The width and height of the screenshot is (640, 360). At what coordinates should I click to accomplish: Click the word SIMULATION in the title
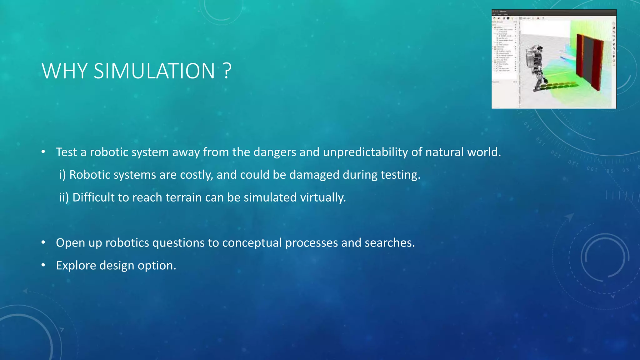[x=154, y=71]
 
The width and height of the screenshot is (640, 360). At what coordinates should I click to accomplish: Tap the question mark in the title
[x=227, y=71]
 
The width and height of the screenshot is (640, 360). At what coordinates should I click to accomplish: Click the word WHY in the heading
[x=64, y=71]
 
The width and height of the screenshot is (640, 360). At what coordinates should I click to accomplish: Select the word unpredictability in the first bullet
[x=365, y=152]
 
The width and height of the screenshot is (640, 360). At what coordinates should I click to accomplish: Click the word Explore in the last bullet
[x=76, y=266]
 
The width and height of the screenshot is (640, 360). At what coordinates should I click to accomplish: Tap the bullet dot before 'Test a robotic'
[x=43, y=152]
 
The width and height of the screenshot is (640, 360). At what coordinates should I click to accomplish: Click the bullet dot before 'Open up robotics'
[x=43, y=243]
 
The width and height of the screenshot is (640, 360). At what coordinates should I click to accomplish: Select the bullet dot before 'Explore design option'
[x=43, y=266]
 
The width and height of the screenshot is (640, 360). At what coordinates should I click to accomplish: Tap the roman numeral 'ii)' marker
[x=64, y=197]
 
